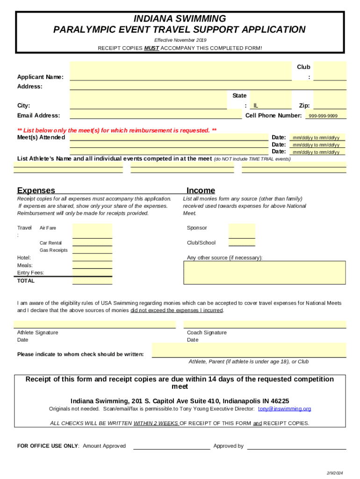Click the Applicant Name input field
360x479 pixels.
pyautogui.click(x=180, y=77)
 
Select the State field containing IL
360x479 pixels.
pyautogui.click(x=271, y=106)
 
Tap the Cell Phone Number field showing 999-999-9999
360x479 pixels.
pyautogui.click(x=326, y=116)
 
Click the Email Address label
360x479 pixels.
pyautogui.click(x=38, y=116)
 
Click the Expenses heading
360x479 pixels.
pyautogui.click(x=36, y=190)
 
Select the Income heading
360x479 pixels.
pyautogui.click(x=201, y=190)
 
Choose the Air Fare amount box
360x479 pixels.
pyautogui.click(x=92, y=231)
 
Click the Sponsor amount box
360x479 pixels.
pyautogui.click(x=242, y=231)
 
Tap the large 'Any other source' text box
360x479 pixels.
pyautogui.click(x=265, y=273)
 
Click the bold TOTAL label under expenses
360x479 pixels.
pyautogui.click(x=26, y=281)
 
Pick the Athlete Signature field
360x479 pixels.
pyautogui.click(x=94, y=324)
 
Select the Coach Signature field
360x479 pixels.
pyautogui.click(x=265, y=324)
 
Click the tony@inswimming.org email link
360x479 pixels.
pyautogui.click(x=284, y=409)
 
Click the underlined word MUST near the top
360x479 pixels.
pyautogui.click(x=151, y=48)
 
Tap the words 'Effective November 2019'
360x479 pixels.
pyautogui.click(x=180, y=40)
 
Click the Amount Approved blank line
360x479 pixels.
pyautogui.click(x=172, y=446)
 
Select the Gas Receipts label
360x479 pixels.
pyautogui.click(x=53, y=250)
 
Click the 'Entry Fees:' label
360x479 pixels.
pyautogui.click(x=30, y=273)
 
